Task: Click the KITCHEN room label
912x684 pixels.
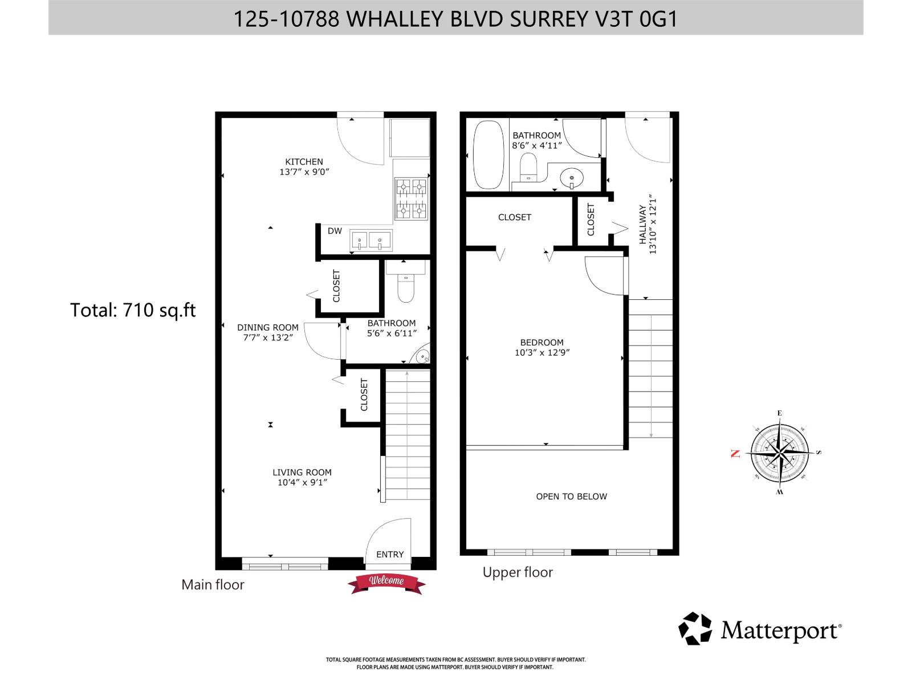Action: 304,162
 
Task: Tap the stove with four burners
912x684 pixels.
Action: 411,198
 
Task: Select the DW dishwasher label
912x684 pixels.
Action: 335,231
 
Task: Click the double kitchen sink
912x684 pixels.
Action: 370,241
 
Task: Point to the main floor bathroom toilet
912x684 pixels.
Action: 405,290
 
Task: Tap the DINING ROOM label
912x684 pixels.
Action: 268,327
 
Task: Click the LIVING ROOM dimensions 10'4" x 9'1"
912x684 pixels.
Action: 302,482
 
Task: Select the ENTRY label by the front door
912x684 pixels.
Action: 390,554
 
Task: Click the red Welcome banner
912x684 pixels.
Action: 388,582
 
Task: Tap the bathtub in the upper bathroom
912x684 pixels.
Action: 488,154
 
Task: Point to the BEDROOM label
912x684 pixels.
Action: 541,342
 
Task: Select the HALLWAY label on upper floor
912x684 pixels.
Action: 643,225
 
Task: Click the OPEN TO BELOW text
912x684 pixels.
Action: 571,496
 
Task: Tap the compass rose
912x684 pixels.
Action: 780,453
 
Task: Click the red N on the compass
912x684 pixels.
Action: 735,454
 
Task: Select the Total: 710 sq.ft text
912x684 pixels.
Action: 133,310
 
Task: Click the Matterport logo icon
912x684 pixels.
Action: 695,629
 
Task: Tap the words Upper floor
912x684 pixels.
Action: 518,572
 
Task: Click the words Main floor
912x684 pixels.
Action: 213,585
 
